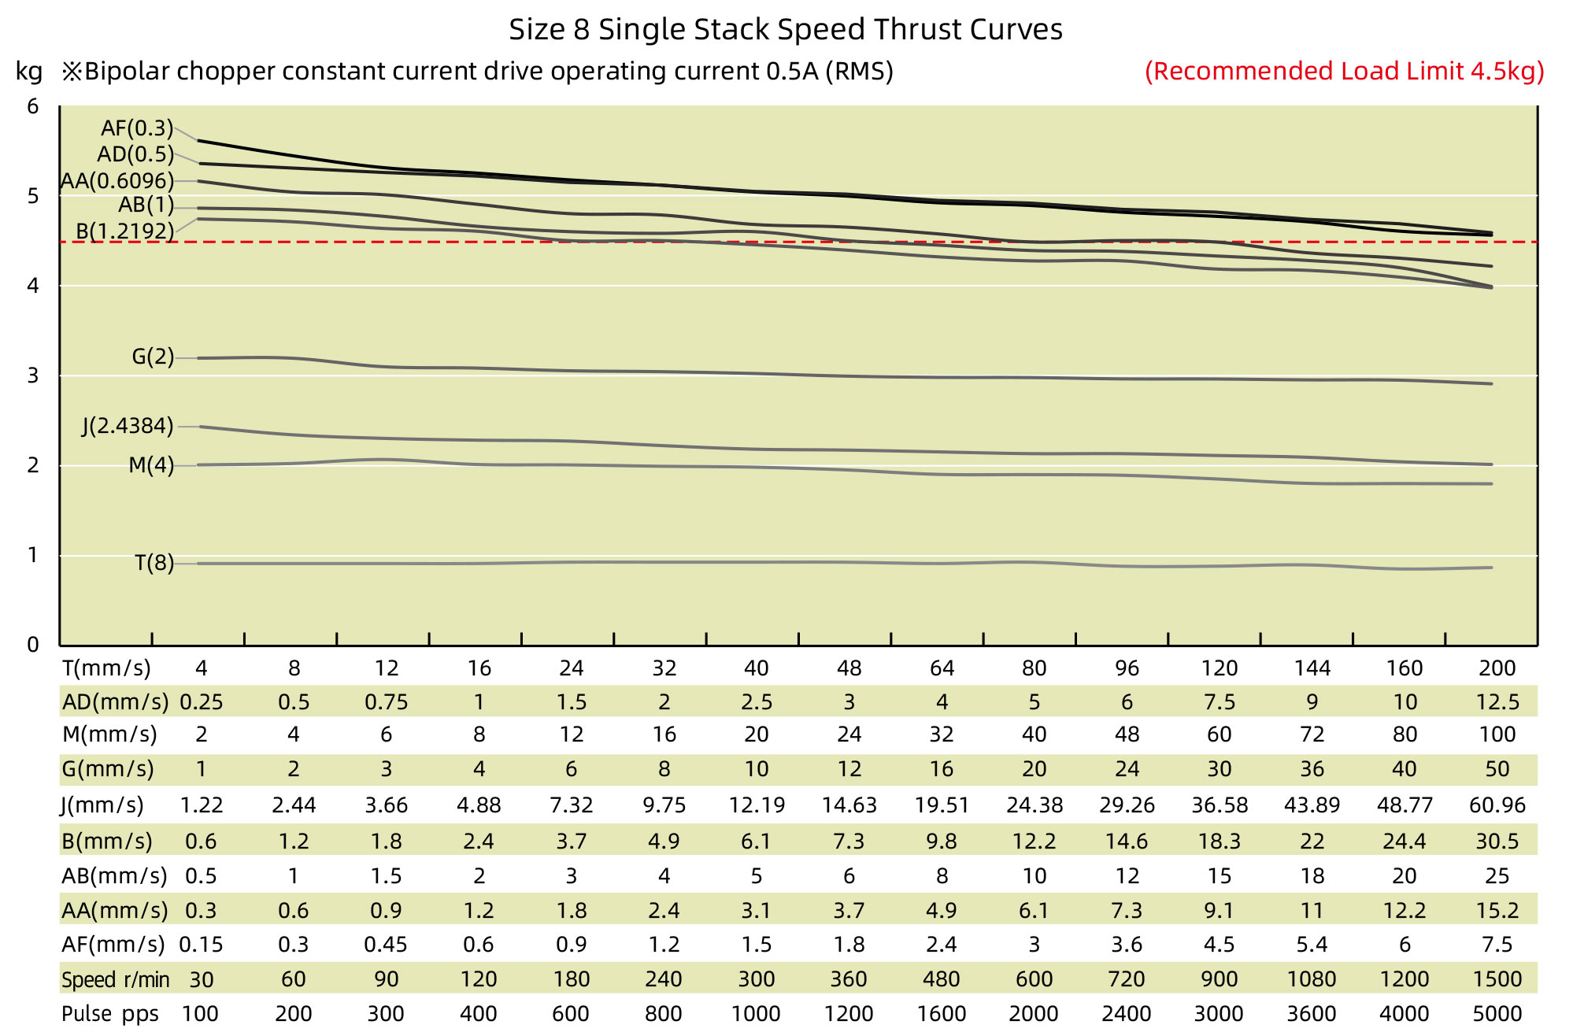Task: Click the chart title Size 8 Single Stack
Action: coord(785,30)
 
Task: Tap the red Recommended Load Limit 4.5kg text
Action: coord(1344,72)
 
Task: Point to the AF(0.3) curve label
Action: coord(137,128)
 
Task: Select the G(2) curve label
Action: coord(153,357)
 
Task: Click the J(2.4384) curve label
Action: coord(128,427)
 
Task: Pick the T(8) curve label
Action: coord(154,563)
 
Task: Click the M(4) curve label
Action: coord(151,465)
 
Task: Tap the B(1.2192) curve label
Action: coord(124,231)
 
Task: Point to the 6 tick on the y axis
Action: coord(32,106)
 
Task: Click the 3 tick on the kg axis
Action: coord(32,375)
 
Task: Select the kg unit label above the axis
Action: coord(29,72)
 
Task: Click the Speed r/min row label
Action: coord(115,980)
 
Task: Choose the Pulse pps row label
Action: coord(110,1014)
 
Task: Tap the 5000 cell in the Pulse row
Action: coord(1497,1014)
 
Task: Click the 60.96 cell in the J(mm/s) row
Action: coord(1497,805)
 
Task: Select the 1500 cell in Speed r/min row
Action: coord(1497,980)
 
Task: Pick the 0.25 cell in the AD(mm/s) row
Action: coord(202,702)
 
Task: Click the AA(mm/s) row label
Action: coord(115,911)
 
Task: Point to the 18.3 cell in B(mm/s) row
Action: coord(1219,842)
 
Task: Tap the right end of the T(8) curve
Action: coord(1490,568)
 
